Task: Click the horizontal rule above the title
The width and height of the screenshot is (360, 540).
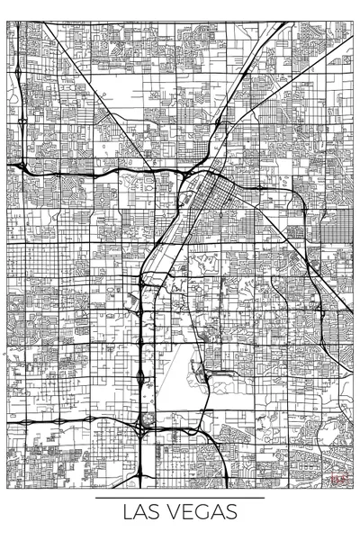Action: click(x=180, y=497)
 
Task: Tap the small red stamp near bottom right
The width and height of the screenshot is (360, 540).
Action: click(x=337, y=481)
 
